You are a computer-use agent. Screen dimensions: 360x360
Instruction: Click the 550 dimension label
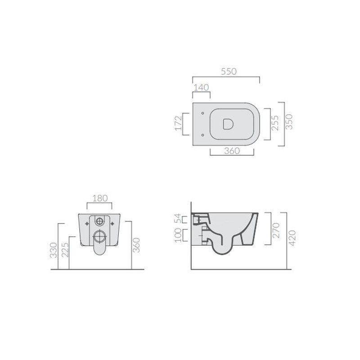pyautogui.click(x=229, y=72)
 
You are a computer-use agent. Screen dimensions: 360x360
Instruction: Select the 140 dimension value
pyautogui.click(x=201, y=87)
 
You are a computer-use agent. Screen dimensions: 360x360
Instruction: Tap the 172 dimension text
pyautogui.click(x=178, y=123)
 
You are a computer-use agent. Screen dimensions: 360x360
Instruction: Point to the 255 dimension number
pyautogui.click(x=275, y=123)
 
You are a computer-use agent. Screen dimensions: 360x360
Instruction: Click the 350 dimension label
pyautogui.click(x=289, y=122)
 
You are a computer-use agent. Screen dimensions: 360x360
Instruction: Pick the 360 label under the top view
pyautogui.click(x=232, y=151)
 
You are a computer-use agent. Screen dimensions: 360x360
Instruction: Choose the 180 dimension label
pyautogui.click(x=100, y=198)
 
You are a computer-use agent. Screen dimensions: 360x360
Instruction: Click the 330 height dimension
pyautogui.click(x=54, y=250)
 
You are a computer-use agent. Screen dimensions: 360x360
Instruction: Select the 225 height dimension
pyautogui.click(x=65, y=250)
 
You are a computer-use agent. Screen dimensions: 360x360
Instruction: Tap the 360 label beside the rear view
pyautogui.click(x=136, y=245)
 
